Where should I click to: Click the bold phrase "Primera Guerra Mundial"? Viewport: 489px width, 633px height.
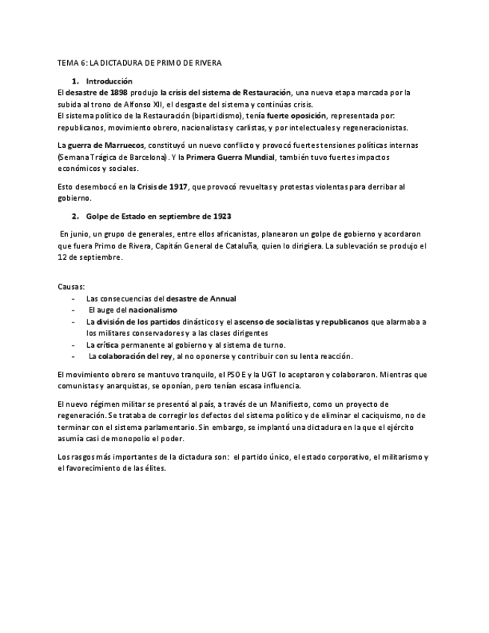(x=230, y=157)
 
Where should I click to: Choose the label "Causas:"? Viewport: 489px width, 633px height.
(x=71, y=286)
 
